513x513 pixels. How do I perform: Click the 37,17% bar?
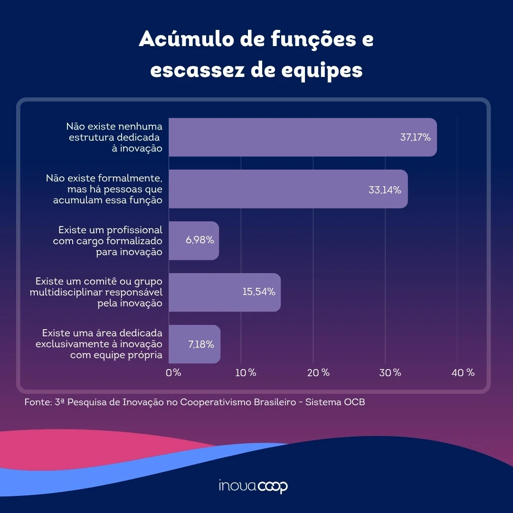coord(303,137)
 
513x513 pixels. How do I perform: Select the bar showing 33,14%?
coord(288,189)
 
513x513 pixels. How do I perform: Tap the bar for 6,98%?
coord(194,241)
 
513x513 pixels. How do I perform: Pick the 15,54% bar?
coord(225,293)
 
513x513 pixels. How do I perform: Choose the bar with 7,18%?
coord(195,344)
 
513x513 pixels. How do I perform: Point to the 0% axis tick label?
coord(173,373)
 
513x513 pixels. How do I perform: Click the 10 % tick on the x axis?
coord(246,373)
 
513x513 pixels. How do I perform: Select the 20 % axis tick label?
coord(318,373)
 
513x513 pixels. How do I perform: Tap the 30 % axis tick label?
coord(390,373)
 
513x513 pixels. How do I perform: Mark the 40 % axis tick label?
coord(463,373)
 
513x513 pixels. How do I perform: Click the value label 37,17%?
coord(416,137)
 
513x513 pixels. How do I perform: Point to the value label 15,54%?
coord(259,292)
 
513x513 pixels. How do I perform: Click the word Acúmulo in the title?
coord(187,39)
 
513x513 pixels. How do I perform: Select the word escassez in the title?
coord(197,70)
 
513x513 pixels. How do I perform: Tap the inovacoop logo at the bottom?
coord(253,486)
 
